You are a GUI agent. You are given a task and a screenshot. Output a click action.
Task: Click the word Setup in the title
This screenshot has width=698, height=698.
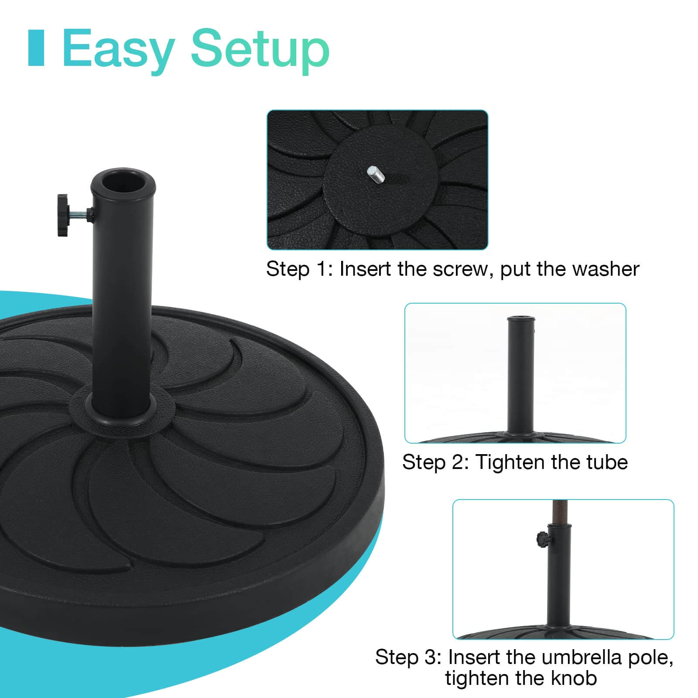coord(260,49)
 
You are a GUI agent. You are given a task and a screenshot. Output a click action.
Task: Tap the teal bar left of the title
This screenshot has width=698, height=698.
coord(36,48)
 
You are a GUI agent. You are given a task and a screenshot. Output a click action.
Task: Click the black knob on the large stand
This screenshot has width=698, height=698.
coord(66,216)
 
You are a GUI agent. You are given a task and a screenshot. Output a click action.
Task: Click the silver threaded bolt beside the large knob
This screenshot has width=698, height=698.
coord(82,214)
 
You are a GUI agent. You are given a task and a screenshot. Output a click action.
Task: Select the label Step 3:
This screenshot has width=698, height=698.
coord(408,657)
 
